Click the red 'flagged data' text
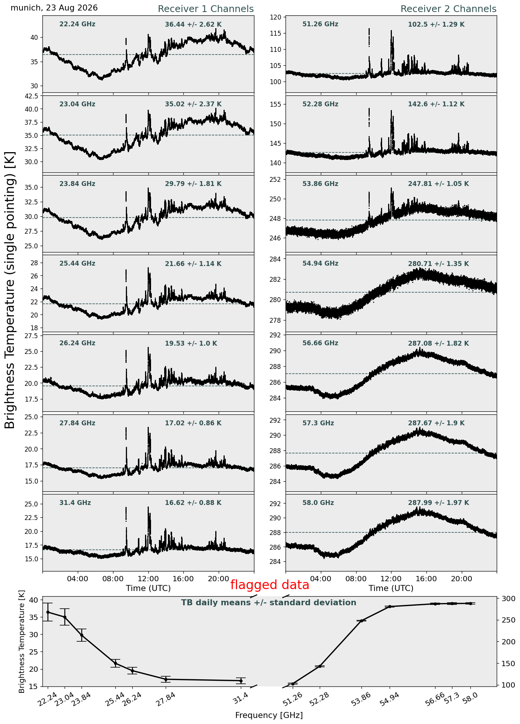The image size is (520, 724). click(270, 585)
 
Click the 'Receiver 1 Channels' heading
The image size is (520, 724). click(206, 9)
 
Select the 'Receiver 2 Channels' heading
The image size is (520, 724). click(449, 9)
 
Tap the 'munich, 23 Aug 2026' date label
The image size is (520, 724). click(54, 8)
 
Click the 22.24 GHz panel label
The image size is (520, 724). click(77, 24)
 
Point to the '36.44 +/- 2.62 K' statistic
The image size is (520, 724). click(193, 25)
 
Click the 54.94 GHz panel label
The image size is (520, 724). click(320, 264)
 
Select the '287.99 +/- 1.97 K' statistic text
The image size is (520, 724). click(438, 503)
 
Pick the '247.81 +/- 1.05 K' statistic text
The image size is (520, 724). click(438, 184)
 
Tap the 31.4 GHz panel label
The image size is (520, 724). click(75, 503)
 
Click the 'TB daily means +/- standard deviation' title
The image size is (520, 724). click(269, 603)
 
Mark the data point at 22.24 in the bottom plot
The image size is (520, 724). click(48, 612)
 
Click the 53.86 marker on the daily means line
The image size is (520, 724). click(361, 621)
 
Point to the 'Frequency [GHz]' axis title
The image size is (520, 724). click(269, 715)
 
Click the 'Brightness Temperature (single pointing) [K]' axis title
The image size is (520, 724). click(10, 290)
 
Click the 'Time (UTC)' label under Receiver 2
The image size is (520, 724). click(391, 588)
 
